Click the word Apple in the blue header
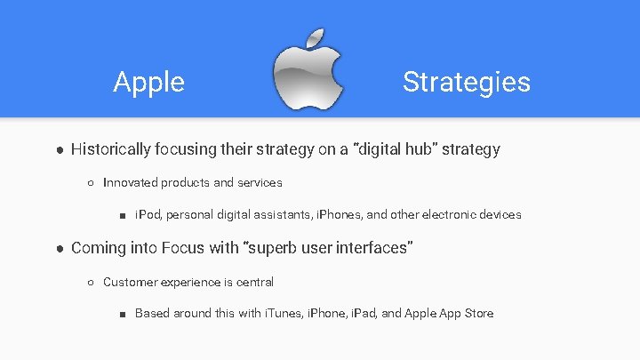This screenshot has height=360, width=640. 148,82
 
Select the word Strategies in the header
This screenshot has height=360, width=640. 466,82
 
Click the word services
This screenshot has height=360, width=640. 260,182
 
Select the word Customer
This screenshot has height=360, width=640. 131,282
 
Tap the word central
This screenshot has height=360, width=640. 254,282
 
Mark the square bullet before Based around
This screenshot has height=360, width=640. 123,314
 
